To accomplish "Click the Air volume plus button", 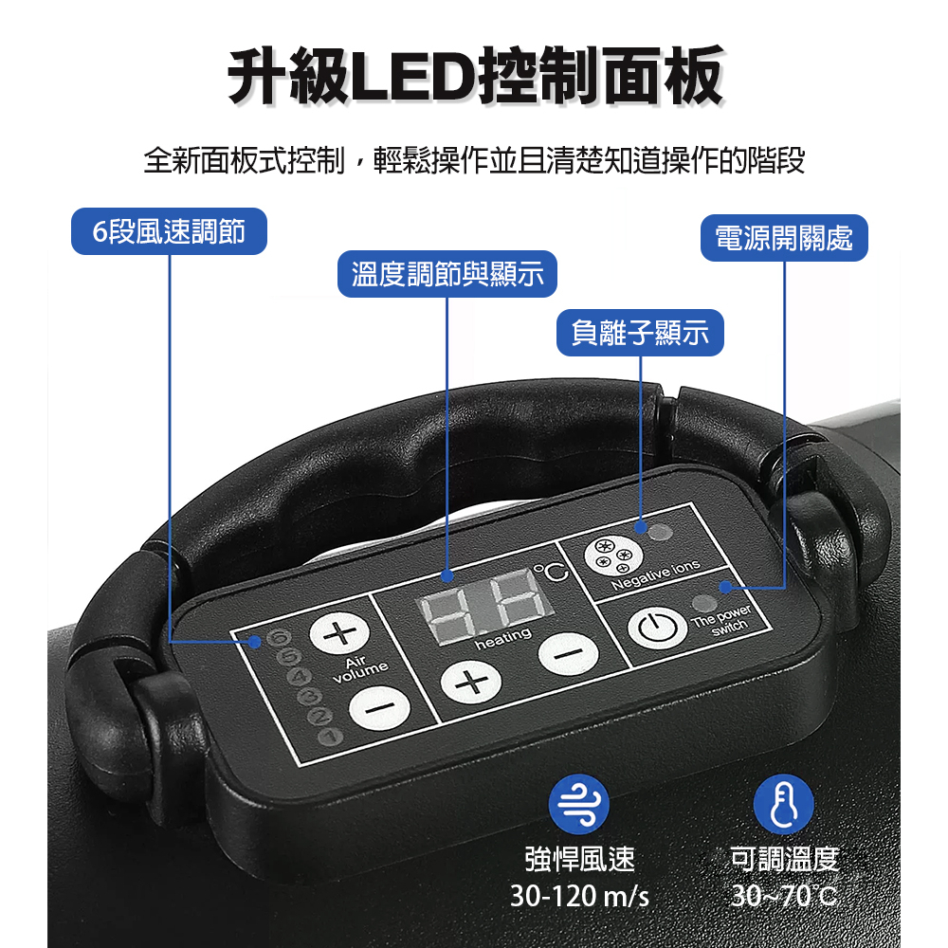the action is (x=339, y=633).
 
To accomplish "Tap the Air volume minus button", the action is (x=380, y=707).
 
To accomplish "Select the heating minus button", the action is (x=568, y=653).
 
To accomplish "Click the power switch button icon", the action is (x=657, y=628).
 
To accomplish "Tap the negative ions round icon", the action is (x=612, y=556).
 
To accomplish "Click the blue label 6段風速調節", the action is (x=169, y=231).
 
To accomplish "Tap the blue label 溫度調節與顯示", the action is (x=447, y=274).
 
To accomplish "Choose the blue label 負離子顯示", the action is (x=640, y=333).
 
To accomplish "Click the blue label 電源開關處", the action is (x=784, y=238).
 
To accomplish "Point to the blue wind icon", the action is (x=578, y=804).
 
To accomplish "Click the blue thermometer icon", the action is (x=784, y=804).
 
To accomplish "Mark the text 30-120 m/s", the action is (x=579, y=896).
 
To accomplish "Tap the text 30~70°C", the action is (x=784, y=896).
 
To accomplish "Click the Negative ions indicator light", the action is (x=660, y=532).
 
